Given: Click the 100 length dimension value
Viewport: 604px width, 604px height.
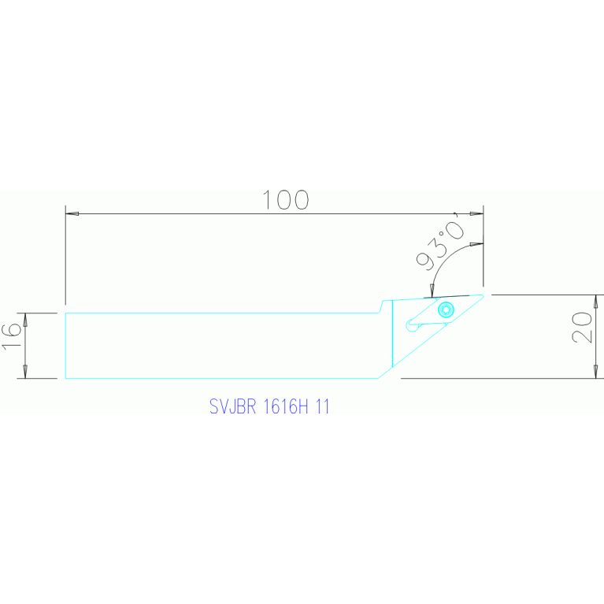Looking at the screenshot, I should (x=285, y=200).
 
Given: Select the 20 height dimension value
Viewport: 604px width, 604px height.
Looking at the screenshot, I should (x=583, y=326).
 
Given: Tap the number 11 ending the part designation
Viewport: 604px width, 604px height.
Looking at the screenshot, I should (x=322, y=407).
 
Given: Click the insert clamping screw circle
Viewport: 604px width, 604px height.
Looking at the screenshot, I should (x=447, y=309).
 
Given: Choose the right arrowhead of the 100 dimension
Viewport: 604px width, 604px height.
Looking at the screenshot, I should (x=476, y=213).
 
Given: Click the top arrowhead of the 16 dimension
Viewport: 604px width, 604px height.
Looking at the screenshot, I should (x=26, y=319).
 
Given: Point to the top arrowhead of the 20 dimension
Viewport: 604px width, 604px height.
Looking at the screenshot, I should (x=596, y=301).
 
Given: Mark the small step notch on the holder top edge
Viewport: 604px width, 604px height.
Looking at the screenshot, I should (x=383, y=306).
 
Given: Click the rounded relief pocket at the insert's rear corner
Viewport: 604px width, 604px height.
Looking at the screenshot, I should (x=409, y=324).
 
